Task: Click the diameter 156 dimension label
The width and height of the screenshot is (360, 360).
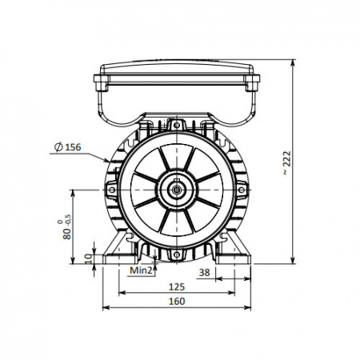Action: point(67,147)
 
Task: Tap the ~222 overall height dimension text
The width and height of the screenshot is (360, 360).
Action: point(287,163)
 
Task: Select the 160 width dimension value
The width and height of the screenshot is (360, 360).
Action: point(177,302)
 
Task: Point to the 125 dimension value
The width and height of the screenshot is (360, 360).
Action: point(177,287)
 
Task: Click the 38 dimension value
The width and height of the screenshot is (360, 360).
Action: point(205,273)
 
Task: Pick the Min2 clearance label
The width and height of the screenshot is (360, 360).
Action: point(141,270)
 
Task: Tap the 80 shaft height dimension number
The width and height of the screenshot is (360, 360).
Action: point(67,234)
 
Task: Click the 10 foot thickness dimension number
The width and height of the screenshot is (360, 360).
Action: point(88,258)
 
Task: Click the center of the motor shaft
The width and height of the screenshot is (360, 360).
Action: point(176,190)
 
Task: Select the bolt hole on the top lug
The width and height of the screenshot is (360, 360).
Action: point(176,125)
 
